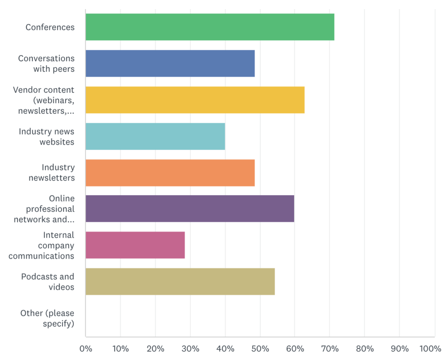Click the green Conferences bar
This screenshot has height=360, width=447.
pyautogui.click(x=210, y=27)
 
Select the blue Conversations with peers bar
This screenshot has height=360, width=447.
pyautogui.click(x=170, y=63)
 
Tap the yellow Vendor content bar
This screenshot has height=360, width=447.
pyautogui.click(x=195, y=100)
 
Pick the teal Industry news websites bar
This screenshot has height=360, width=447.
pyautogui.click(x=155, y=136)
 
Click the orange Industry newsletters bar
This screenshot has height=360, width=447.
pyautogui.click(x=170, y=173)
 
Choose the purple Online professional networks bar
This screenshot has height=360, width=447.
pyautogui.click(x=189, y=209)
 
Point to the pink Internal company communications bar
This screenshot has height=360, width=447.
pyautogui.click(x=135, y=245)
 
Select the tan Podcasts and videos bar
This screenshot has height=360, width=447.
pyautogui.click(x=180, y=281)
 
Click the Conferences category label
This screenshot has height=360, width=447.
pyautogui.click(x=50, y=27)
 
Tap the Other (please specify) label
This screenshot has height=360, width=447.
pyautogui.click(x=47, y=318)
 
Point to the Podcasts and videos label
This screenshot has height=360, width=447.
pyautogui.click(x=48, y=282)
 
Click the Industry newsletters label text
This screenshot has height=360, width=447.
pyautogui.click(x=52, y=173)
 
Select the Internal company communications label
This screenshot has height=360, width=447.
pyautogui.click(x=41, y=246)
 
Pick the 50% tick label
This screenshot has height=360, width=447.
pyautogui.click(x=260, y=349)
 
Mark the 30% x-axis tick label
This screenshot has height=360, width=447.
pyautogui.click(x=190, y=349)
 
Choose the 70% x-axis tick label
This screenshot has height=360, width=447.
pyautogui.click(x=330, y=349)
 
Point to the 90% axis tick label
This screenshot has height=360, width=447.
pyautogui.click(x=399, y=349)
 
